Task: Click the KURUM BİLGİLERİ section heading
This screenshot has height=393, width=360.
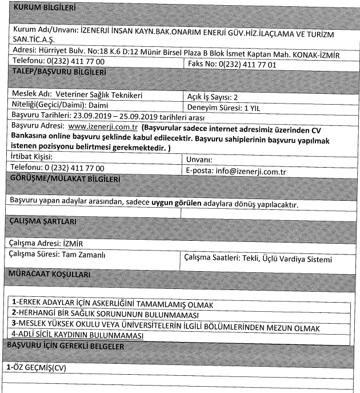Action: point(45,9)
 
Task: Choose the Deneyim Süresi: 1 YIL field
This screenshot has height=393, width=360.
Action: point(225,106)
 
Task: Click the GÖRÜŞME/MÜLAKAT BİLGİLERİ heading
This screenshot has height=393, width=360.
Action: point(67,180)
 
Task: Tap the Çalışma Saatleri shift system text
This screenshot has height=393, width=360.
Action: point(259,259)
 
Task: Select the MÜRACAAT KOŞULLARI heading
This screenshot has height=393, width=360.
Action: point(51,275)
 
